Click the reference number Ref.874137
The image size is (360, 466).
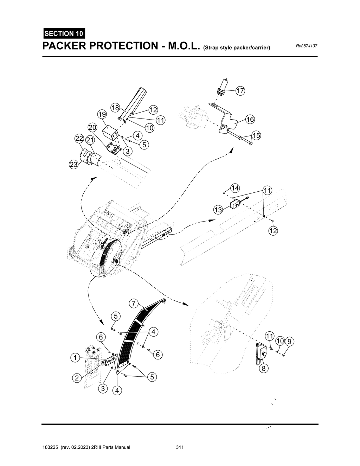tap(307, 46)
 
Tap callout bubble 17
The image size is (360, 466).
tap(240, 91)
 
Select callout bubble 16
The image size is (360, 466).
tap(250, 119)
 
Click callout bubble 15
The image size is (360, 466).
tap(256, 135)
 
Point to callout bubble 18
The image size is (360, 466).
tap(115, 108)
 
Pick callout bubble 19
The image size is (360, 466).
tap(102, 115)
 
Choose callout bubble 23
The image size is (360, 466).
tap(73, 165)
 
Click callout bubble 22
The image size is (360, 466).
tap(79, 139)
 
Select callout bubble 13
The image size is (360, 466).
tap(218, 210)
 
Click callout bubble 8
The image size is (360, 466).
tap(263, 369)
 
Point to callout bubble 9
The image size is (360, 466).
tap(289, 341)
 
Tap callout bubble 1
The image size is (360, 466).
tap(75, 358)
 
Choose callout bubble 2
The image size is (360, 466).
tap(76, 378)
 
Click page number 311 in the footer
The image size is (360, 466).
tap(180, 447)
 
